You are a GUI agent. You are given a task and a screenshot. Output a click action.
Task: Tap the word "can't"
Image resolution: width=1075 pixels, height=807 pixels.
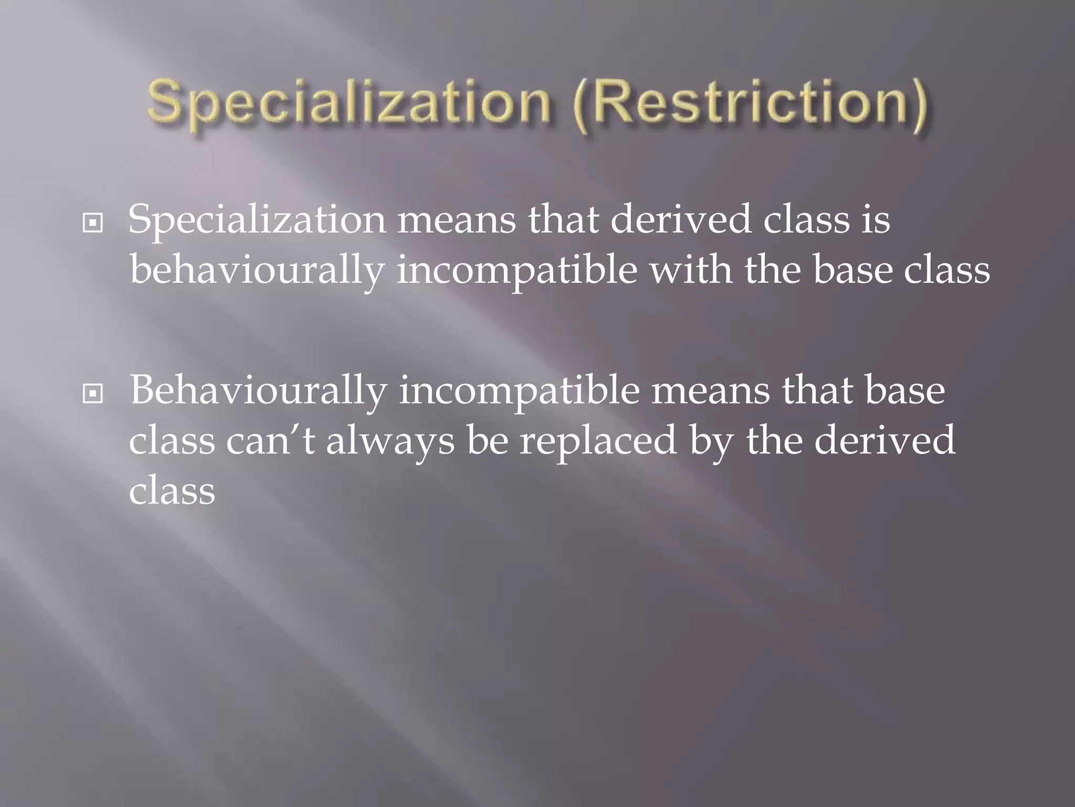pyautogui.click(x=270, y=440)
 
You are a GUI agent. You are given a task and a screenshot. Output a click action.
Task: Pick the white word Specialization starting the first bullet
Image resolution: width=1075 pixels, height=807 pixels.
pyautogui.click(x=257, y=220)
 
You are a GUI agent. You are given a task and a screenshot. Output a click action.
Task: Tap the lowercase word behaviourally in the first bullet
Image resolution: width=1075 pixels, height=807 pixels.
pyautogui.click(x=257, y=271)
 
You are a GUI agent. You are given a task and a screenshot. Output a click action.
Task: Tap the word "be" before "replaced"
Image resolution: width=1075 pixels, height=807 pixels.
pyautogui.click(x=488, y=440)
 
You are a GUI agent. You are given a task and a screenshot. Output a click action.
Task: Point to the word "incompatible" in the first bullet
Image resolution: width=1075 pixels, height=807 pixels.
pyautogui.click(x=517, y=271)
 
